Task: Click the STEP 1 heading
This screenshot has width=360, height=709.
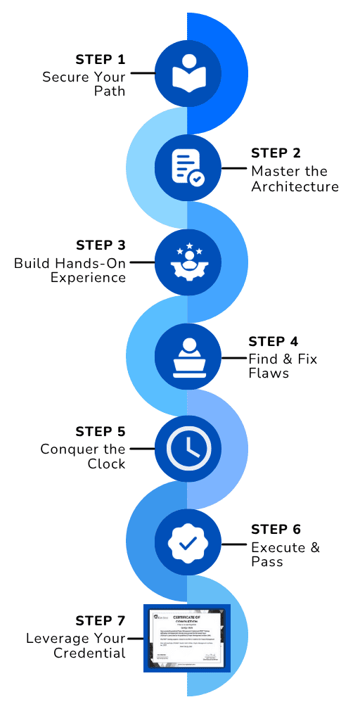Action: click(101, 58)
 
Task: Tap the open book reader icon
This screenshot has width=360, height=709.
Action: click(186, 72)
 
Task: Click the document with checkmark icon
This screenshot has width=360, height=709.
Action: click(186, 167)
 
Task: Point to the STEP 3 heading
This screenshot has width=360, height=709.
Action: click(101, 245)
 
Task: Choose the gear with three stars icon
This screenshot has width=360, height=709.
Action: click(186, 261)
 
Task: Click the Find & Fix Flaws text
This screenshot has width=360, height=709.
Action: click(283, 366)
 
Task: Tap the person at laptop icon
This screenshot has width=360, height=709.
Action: click(186, 355)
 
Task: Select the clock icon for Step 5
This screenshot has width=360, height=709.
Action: click(186, 449)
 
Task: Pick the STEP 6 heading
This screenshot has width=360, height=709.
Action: click(279, 529)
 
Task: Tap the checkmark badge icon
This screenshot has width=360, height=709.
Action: click(186, 543)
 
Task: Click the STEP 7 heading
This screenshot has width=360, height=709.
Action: click(101, 621)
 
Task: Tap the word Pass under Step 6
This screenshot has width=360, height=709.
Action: click(266, 561)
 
